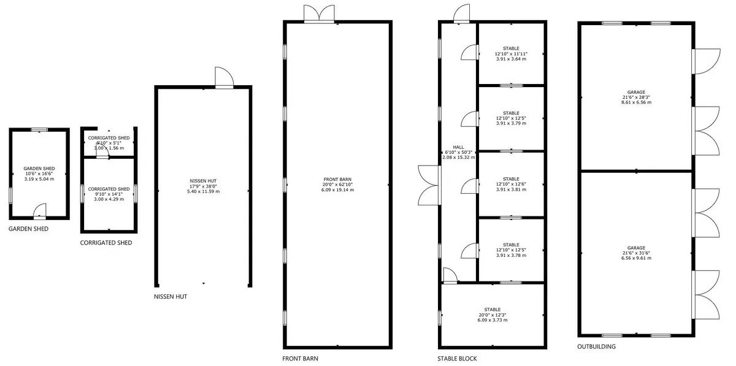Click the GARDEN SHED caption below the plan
pyautogui.click(x=28, y=229)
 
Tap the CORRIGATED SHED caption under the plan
pyautogui.click(x=106, y=243)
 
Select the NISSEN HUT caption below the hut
pyautogui.click(x=171, y=297)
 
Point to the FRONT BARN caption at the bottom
pyautogui.click(x=301, y=359)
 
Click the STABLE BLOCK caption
pyautogui.click(x=457, y=359)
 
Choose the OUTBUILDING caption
pyautogui.click(x=596, y=346)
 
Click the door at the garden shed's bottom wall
pyautogui.click(x=40, y=212)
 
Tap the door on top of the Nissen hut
pyautogui.click(x=224, y=77)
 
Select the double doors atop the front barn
pyautogui.click(x=319, y=14)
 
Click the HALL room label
pyautogui.click(x=458, y=147)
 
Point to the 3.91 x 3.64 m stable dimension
pyautogui.click(x=512, y=59)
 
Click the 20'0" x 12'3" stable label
pyautogui.click(x=493, y=315)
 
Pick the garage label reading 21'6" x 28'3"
pyautogui.click(x=636, y=97)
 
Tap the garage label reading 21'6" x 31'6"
pyautogui.click(x=636, y=253)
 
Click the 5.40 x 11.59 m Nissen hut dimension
pyautogui.click(x=204, y=191)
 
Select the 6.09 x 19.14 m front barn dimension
pyautogui.click(x=338, y=190)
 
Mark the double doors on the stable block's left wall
pyautogui.click(x=429, y=185)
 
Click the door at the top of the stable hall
pyautogui.click(x=461, y=13)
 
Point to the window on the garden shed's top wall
pyautogui.click(x=39, y=130)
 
